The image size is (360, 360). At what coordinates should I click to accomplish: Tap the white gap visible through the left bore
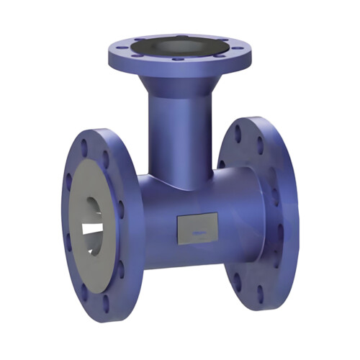[x=92, y=229]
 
